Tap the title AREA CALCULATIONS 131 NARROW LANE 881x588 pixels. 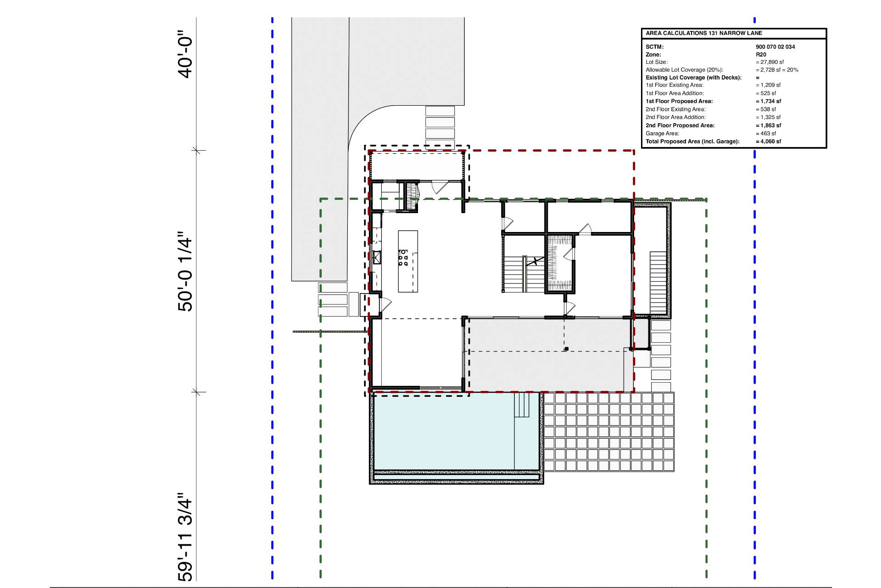pyautogui.click(x=704, y=33)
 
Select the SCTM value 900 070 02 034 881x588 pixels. pyautogui.click(x=775, y=47)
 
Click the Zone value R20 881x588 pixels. pyautogui.click(x=761, y=55)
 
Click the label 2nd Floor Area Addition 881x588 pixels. pyautogui.click(x=675, y=117)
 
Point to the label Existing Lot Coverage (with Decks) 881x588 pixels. pyautogui.click(x=693, y=78)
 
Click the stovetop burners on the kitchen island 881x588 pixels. pyautogui.click(x=403, y=258)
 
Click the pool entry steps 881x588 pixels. pyautogui.click(x=522, y=405)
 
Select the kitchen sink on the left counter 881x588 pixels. pyautogui.click(x=377, y=257)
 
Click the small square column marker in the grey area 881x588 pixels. pyautogui.click(x=566, y=349)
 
